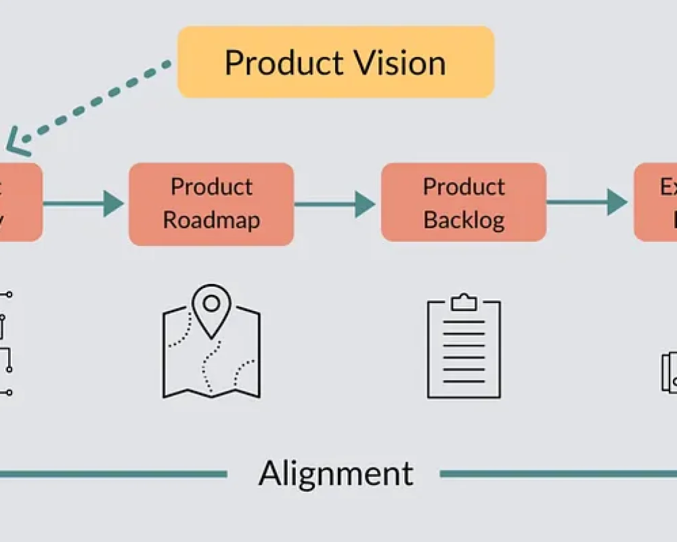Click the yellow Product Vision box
pyautogui.click(x=335, y=62)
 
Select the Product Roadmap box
pyautogui.click(x=211, y=203)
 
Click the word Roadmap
pyautogui.click(x=211, y=220)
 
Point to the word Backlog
pyautogui.click(x=464, y=220)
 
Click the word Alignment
pyautogui.click(x=335, y=473)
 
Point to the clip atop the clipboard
pyautogui.click(x=464, y=302)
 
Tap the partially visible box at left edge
pyautogui.click(x=20, y=202)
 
